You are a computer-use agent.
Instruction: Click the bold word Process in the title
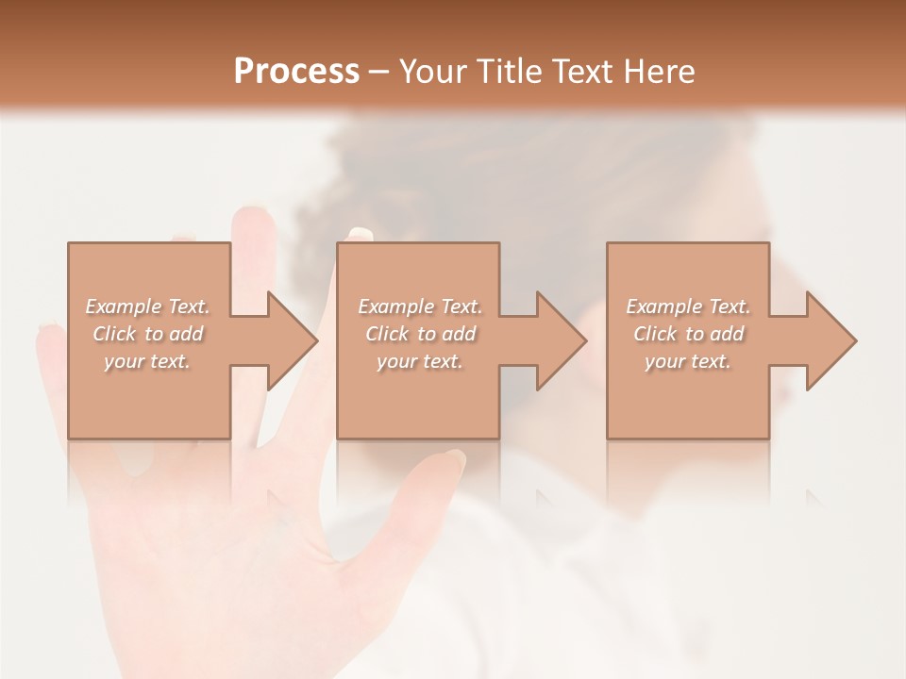click(296, 72)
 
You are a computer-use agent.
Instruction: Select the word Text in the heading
click(582, 72)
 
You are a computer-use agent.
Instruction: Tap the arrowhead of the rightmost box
click(830, 340)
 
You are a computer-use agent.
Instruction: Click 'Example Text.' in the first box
click(147, 306)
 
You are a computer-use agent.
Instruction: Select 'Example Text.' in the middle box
click(420, 306)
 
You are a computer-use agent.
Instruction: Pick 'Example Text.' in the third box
click(688, 306)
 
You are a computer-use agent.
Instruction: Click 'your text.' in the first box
click(147, 361)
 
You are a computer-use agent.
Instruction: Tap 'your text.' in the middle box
click(420, 361)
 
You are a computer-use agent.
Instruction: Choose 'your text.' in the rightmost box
click(688, 361)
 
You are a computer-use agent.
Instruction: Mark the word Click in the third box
click(655, 334)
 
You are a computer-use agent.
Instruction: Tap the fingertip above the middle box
click(360, 234)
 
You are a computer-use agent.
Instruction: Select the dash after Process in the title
click(378, 73)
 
